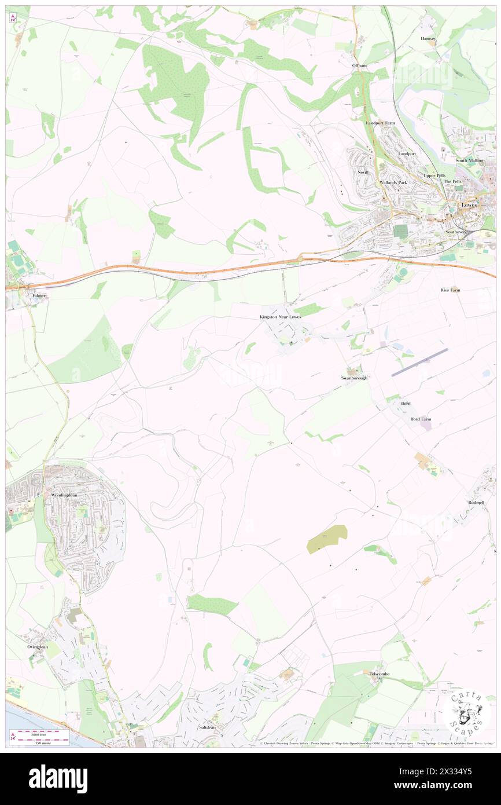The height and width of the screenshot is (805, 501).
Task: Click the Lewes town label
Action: (469, 205)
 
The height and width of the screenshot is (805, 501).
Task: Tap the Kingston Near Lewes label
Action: (280, 317)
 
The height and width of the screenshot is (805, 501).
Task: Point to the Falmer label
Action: (39, 295)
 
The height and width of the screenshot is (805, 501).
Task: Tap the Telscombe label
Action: (381, 674)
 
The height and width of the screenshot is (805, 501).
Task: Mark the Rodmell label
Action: (476, 503)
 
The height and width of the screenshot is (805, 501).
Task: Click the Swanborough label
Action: (353, 378)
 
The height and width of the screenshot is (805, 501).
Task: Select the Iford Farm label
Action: (421, 419)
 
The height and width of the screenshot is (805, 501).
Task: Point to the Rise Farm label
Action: (450, 290)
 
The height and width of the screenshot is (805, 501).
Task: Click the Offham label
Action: (359, 65)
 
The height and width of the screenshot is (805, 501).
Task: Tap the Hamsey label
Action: (429, 38)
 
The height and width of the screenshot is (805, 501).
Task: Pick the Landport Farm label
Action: (379, 123)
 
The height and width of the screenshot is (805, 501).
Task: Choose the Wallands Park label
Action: (393, 182)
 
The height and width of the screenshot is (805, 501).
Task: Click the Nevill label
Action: (363, 172)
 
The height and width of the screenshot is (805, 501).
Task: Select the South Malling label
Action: (469, 160)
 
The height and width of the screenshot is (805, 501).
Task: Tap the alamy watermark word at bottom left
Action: (58, 779)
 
